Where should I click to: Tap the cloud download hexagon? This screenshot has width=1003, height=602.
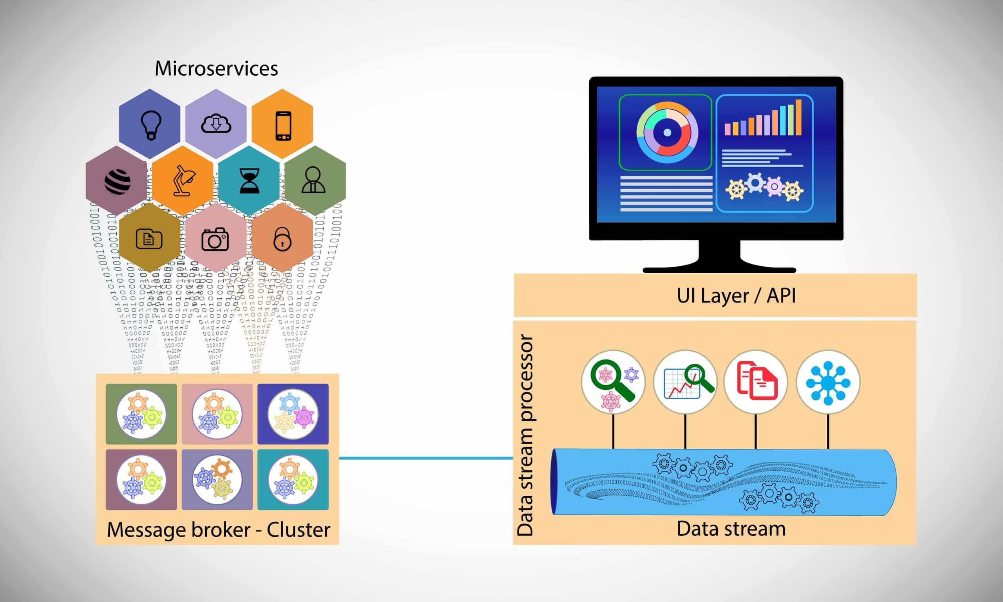pyautogui.click(x=216, y=124)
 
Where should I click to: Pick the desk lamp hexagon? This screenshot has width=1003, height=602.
pyautogui.click(x=183, y=181)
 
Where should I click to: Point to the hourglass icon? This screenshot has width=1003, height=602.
pyautogui.click(x=249, y=181)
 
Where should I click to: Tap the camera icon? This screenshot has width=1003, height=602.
pyautogui.click(x=215, y=239)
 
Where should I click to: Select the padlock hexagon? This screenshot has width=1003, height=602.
pyautogui.click(x=282, y=239)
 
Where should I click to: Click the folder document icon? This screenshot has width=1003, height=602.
pyautogui.click(x=149, y=239)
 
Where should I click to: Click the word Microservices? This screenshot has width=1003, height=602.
pyautogui.click(x=216, y=68)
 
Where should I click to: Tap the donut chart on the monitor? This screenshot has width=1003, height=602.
pyautogui.click(x=667, y=132)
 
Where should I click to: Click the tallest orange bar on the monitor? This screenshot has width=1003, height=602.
pyautogui.click(x=798, y=117)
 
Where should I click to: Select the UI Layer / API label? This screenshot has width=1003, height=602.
pyautogui.click(x=736, y=296)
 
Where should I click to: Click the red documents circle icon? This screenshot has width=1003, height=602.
pyautogui.click(x=756, y=382)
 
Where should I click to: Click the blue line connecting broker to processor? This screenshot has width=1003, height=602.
pyautogui.click(x=425, y=459)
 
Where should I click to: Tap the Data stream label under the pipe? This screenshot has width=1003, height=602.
pyautogui.click(x=731, y=529)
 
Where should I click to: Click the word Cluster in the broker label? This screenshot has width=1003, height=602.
pyautogui.click(x=299, y=530)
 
